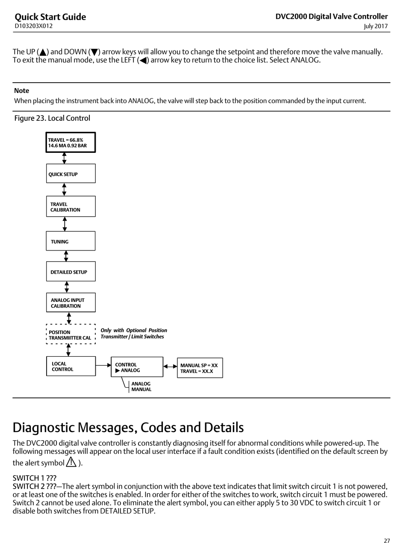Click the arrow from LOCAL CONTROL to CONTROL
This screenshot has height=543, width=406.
tap(103, 365)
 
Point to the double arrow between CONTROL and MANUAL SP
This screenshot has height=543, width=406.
tap(170, 367)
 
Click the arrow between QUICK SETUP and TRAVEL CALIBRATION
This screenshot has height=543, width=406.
tap(64, 190)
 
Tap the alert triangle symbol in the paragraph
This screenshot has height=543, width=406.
tap(71, 462)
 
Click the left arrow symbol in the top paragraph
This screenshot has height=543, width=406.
tap(143, 60)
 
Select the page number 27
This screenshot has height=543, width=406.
tap(387, 534)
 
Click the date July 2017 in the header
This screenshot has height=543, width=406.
tap(376, 26)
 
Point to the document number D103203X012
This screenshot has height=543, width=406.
tap(34, 26)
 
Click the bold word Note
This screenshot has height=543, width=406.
tap(21, 90)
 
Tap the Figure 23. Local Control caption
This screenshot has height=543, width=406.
tap(52, 118)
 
